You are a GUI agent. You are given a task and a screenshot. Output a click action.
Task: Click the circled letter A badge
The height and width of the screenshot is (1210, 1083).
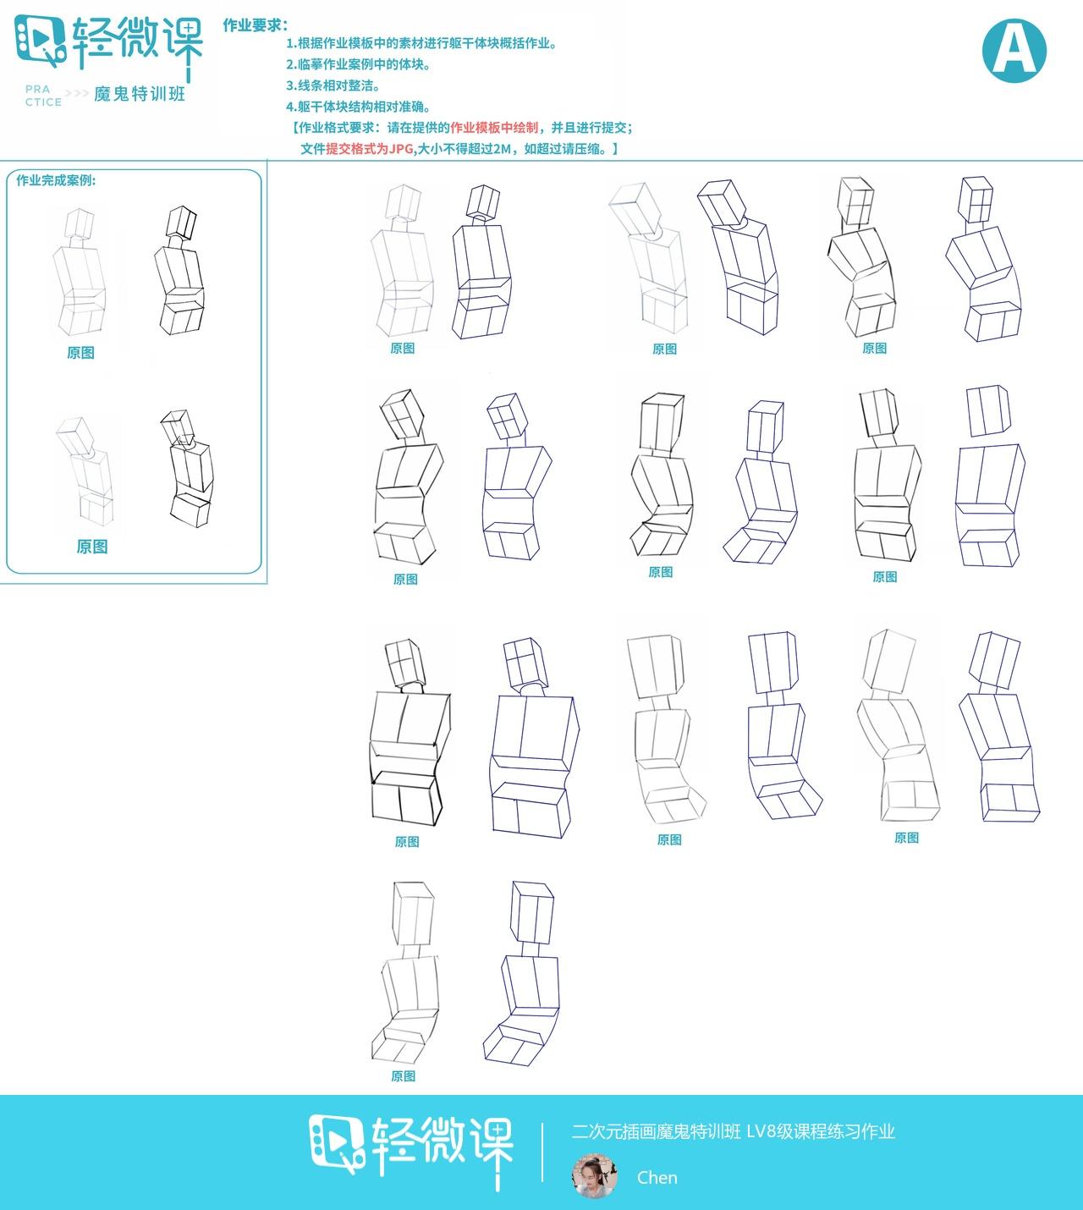point(1014,50)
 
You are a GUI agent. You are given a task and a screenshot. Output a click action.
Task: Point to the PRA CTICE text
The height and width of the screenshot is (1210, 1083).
point(44,96)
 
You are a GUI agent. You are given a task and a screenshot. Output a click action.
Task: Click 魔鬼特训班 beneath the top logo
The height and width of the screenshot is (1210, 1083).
point(140,94)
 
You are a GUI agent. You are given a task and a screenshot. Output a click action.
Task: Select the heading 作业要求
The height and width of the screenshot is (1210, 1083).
point(255,25)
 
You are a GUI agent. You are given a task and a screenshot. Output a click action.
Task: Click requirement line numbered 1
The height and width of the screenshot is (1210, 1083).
point(421,44)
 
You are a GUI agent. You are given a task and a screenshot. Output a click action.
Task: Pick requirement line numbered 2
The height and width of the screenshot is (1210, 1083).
point(358,64)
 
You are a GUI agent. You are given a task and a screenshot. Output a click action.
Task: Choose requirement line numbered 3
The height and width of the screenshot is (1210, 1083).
point(333,85)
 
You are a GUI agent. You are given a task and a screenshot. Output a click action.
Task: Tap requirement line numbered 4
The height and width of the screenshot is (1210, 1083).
point(358,107)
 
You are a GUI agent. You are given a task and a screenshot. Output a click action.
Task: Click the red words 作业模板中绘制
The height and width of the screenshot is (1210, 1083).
point(494,127)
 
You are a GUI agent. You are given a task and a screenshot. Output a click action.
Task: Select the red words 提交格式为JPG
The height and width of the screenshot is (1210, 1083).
point(370,149)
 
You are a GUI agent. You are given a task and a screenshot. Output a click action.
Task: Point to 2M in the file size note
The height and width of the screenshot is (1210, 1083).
point(502,149)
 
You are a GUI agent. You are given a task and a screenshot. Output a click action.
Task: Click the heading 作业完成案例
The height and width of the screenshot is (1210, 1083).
point(56,180)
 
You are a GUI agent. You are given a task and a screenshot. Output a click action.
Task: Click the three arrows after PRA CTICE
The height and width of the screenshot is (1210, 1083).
point(78,94)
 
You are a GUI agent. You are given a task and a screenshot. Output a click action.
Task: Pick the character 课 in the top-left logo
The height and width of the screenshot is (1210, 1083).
point(183,47)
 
